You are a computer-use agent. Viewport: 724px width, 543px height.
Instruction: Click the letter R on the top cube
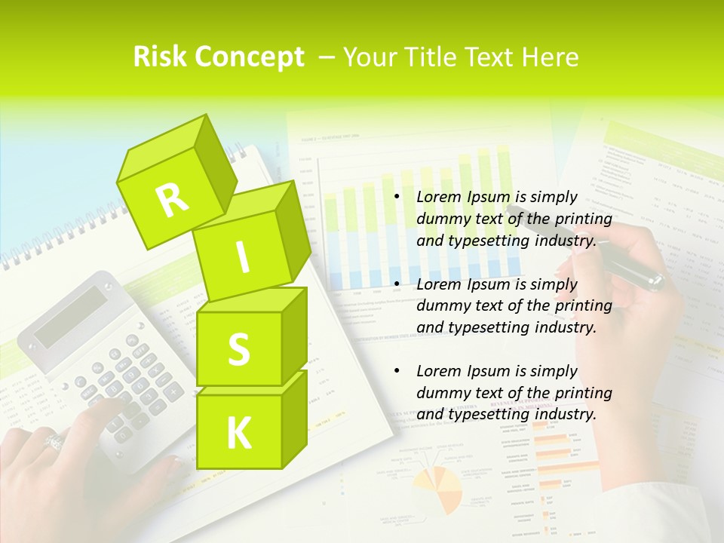point(172,200)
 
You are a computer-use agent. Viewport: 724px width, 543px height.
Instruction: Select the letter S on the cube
point(238,349)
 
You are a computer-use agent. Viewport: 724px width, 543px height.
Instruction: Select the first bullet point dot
point(397,198)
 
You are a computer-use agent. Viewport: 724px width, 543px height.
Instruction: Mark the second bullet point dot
point(397,285)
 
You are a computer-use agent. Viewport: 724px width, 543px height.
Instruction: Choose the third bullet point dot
point(397,372)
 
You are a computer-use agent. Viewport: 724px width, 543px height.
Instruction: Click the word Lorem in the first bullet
point(437,198)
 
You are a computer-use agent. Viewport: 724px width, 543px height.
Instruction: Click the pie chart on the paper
point(438,491)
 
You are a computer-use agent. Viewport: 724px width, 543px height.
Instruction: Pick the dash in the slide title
point(327,57)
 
